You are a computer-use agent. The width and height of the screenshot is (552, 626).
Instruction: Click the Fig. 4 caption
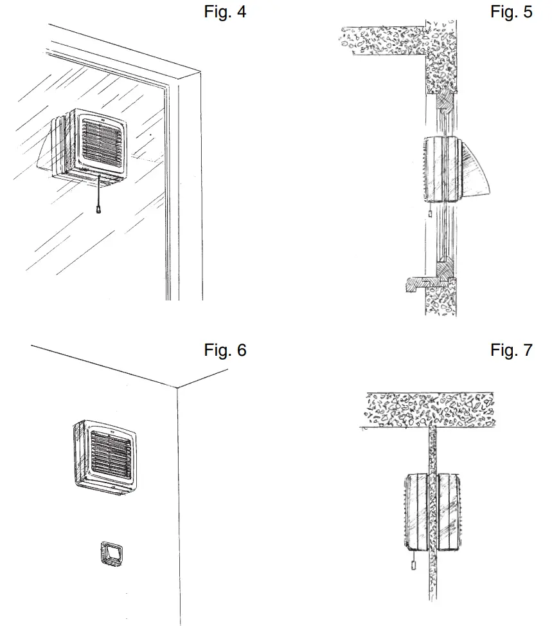coord(225,12)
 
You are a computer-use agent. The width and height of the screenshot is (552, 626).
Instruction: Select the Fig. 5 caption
coord(511,12)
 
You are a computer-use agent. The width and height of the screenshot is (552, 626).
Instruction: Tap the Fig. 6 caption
coord(225,350)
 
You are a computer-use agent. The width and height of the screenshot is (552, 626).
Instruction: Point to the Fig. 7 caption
coord(511,350)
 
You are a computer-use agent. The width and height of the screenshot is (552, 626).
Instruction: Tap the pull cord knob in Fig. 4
coord(98,209)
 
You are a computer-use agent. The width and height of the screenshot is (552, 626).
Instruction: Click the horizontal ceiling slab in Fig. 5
coord(379,39)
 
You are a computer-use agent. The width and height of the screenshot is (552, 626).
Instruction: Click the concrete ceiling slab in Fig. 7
coord(428,410)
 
